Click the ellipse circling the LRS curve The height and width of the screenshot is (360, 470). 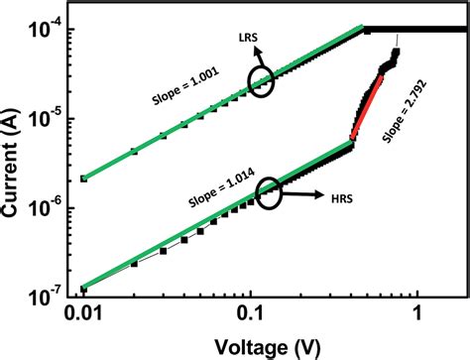(262, 82)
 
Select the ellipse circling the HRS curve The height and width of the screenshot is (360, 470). (268, 194)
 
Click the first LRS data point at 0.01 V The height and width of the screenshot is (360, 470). (83, 179)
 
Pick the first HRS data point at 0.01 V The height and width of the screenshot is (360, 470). (83, 289)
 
